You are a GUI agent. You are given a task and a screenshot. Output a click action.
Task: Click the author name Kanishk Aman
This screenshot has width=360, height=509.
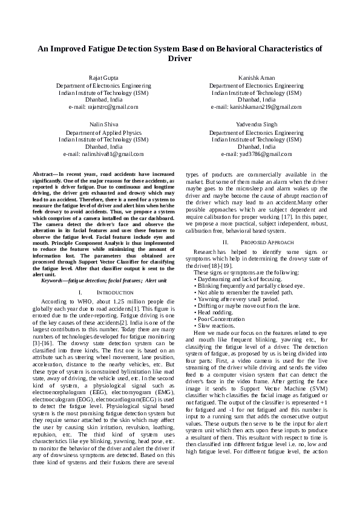tap(256, 79)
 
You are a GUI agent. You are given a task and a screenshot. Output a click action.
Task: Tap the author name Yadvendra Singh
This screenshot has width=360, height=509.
tap(256, 124)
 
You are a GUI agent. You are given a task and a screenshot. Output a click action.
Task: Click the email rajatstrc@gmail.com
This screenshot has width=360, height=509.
tap(103, 107)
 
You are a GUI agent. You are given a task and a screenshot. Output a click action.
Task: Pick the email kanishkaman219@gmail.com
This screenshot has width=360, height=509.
tap(256, 107)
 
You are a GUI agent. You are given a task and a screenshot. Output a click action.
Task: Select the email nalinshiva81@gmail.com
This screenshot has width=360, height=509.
tap(103, 154)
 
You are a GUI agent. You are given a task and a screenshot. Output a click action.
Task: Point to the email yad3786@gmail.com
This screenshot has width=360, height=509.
tap(256, 154)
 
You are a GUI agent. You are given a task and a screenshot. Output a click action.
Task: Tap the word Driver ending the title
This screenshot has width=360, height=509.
tap(180, 59)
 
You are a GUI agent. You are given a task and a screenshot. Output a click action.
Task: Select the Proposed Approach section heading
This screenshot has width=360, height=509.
tap(257, 242)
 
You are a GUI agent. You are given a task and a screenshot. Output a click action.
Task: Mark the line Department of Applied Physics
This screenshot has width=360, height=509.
tap(103, 132)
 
